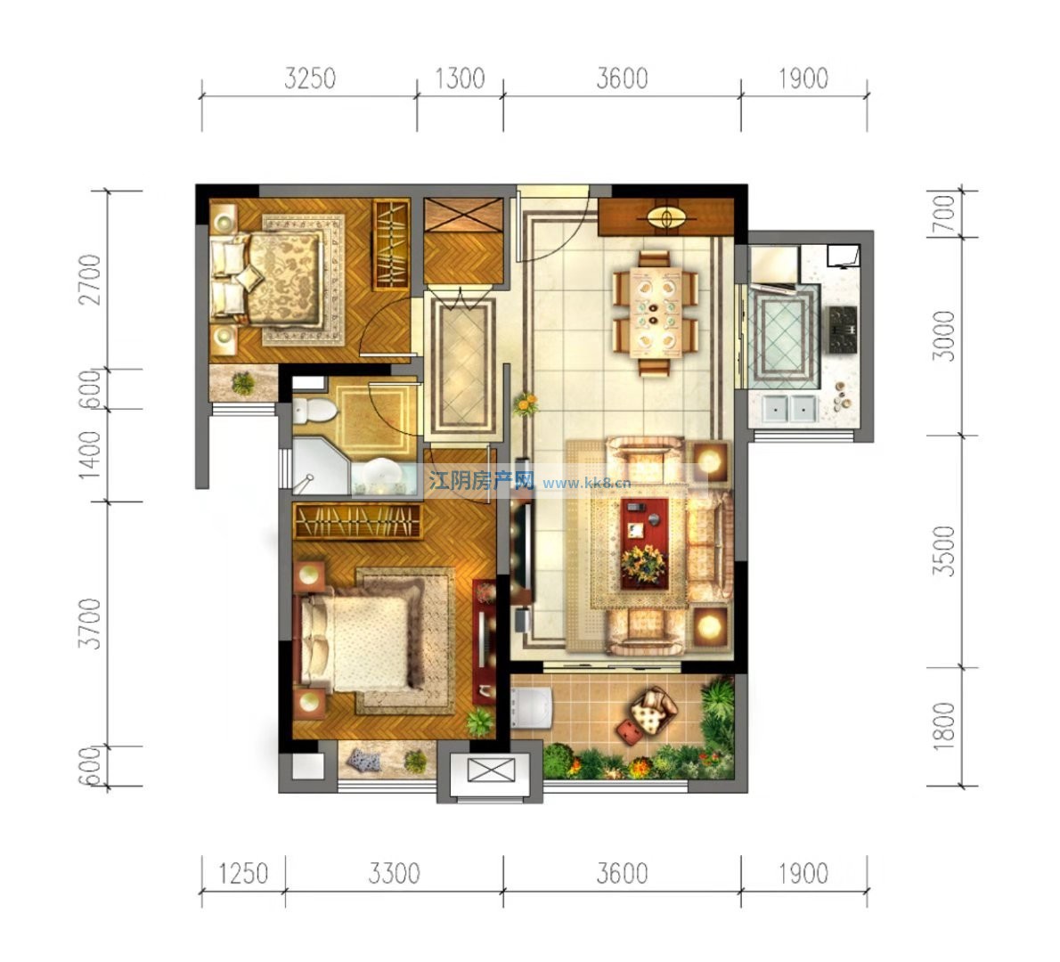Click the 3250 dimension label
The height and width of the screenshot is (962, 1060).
pos(310,78)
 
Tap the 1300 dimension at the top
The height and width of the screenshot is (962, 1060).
pos(460,78)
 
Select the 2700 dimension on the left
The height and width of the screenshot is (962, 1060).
pos(90,280)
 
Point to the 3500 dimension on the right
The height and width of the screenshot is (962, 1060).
pos(944,550)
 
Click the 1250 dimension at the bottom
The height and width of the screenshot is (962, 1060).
pos(243,874)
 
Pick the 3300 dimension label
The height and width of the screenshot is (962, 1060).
pos(394,874)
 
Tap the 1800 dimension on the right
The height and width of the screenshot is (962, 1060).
pos(944,726)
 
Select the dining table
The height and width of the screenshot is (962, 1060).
pos(654,312)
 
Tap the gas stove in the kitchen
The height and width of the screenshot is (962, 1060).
pos(843,330)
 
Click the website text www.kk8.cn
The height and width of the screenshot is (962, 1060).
pos(587,483)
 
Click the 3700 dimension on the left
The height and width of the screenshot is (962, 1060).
pos(90,624)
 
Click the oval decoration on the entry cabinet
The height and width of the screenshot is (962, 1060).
pos(666,217)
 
